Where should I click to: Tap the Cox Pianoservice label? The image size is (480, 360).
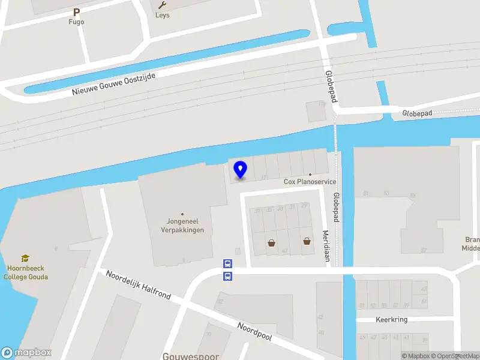[x=310, y=181]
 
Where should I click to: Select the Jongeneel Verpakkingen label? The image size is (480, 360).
[x=182, y=226]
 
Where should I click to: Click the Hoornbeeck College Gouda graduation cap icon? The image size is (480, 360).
[x=25, y=259]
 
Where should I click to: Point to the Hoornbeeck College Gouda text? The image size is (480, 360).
[x=25, y=273]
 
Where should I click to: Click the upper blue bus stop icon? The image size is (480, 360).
[x=227, y=263]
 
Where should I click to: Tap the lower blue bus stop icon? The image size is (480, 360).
[x=227, y=276]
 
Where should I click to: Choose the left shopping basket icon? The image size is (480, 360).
[x=271, y=243]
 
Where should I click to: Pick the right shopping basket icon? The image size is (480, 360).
[x=307, y=241]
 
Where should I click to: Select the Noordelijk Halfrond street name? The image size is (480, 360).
[x=138, y=285]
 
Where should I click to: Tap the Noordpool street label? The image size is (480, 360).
[x=254, y=331]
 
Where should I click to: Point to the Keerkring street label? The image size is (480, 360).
[x=392, y=320]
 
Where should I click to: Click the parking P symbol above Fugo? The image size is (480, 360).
[x=76, y=12]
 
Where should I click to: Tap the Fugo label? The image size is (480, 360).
[x=76, y=22]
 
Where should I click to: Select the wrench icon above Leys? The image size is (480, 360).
[x=162, y=5]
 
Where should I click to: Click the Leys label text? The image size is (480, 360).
[x=162, y=15]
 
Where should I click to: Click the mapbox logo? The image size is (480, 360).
[x=26, y=353]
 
